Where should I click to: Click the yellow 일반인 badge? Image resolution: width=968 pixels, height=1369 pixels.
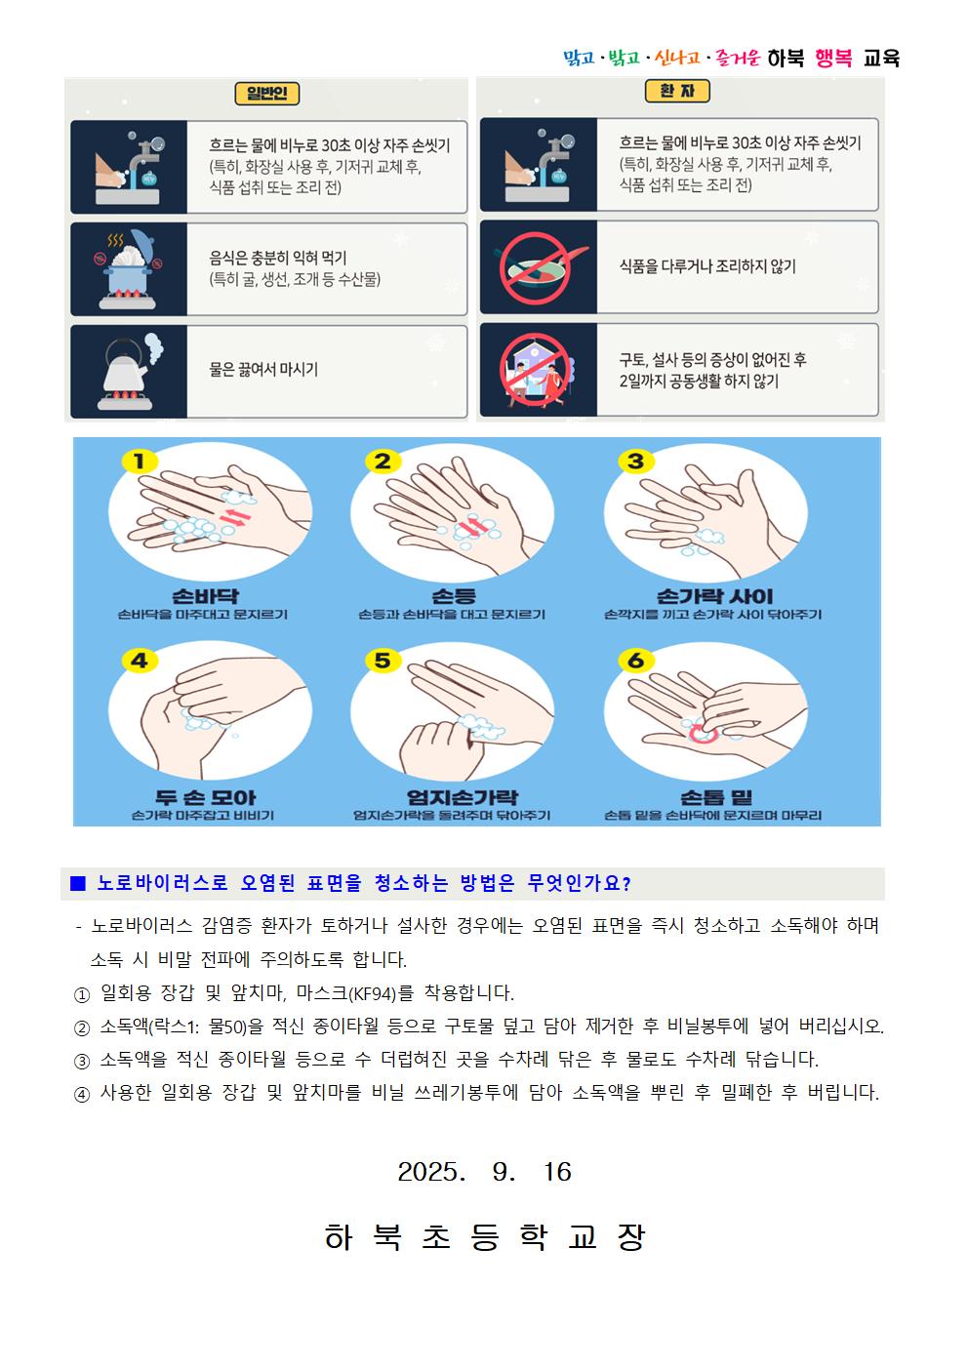267,94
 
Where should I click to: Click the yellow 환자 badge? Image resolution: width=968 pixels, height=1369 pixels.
677,91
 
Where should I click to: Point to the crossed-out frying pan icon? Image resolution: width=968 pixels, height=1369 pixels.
537,267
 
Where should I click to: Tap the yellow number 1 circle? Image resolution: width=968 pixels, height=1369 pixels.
140,462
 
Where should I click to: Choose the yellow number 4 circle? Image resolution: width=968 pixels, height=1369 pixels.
140,661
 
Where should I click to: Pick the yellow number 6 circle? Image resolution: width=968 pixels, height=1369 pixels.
635,661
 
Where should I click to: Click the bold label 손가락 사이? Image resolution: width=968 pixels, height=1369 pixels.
714,596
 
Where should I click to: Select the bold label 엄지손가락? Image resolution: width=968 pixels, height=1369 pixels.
462,797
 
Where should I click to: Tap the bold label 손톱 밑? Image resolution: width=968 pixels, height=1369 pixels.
715,797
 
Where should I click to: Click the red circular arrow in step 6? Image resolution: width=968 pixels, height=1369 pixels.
703,733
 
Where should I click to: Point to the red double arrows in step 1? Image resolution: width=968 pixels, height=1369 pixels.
235,517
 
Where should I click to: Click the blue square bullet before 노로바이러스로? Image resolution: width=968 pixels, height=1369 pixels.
78,883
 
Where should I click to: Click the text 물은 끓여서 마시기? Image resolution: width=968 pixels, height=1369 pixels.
263,369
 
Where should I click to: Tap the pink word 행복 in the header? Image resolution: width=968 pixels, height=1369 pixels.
833,59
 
